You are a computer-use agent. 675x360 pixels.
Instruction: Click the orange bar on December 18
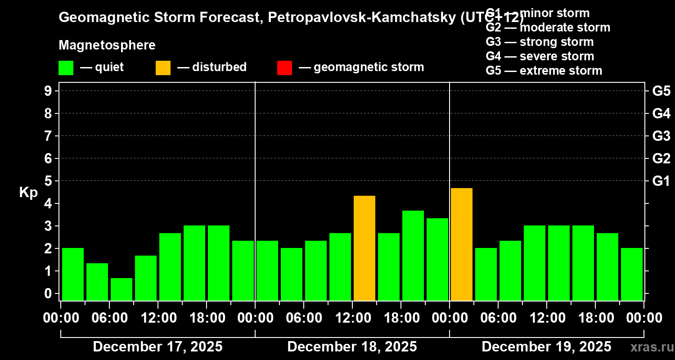click(x=364, y=248)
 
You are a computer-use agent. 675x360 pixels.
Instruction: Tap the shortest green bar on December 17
click(x=121, y=289)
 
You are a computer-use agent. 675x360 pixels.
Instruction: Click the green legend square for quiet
click(x=66, y=68)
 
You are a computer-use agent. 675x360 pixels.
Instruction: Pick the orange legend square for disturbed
click(x=163, y=68)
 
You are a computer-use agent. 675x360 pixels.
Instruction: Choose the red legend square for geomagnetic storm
click(x=284, y=68)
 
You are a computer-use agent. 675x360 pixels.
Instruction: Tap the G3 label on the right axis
click(x=661, y=136)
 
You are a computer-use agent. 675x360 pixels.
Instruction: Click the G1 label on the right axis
click(x=661, y=181)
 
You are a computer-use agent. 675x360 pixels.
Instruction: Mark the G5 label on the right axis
click(x=661, y=91)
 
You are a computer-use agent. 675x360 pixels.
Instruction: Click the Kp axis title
click(x=28, y=193)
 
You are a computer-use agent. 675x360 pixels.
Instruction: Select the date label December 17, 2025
click(x=157, y=347)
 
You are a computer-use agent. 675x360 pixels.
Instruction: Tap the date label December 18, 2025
click(x=352, y=347)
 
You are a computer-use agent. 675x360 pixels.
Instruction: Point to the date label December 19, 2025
click(x=546, y=347)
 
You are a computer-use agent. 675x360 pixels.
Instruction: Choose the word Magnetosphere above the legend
click(x=107, y=45)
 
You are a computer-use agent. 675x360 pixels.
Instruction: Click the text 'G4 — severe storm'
click(x=540, y=56)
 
